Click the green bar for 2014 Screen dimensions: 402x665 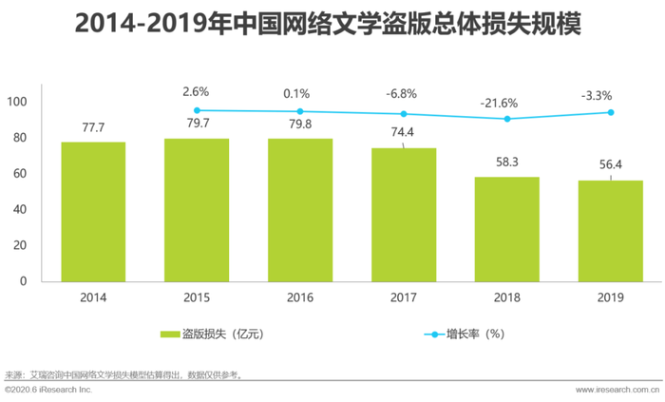point(93,211)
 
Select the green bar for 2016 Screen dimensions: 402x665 point(299,210)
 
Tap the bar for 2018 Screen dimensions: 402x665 point(506,229)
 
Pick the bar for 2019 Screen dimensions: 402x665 point(610,231)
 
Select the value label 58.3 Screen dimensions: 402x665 point(506,162)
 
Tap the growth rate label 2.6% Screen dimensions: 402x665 point(196,92)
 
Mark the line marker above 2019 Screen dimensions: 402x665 point(610,112)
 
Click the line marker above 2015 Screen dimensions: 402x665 point(196,110)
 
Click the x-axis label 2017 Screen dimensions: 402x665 point(404,298)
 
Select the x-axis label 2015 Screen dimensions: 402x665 point(196,298)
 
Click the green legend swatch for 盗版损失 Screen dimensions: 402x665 point(170,335)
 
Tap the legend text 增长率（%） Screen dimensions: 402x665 point(475,335)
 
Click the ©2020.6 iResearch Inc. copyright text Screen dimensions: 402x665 point(49,391)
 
